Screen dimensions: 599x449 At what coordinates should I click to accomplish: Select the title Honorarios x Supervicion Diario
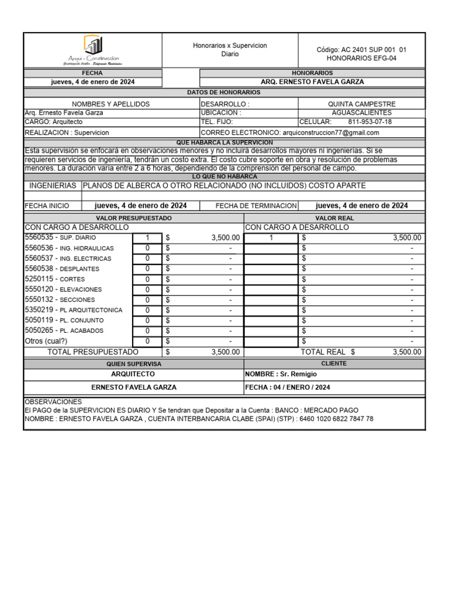pos(230,49)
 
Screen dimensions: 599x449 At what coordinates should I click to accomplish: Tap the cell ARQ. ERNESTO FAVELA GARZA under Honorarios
pos(312,82)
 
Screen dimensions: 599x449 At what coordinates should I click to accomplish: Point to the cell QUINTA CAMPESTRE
pos(361,104)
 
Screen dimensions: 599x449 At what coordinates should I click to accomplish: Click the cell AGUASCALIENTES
pos(361,112)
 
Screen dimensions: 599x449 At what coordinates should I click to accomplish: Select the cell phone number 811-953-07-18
pos(369,122)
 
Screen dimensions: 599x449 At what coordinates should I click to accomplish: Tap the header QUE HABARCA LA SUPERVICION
pos(224,143)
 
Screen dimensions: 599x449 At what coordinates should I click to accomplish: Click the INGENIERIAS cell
pos(53,185)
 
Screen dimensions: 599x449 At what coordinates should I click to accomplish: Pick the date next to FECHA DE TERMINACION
pos(361,205)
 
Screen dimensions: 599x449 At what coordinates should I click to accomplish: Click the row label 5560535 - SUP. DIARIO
pos(60,237)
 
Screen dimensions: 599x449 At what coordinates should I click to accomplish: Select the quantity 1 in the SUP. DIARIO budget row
pos(147,237)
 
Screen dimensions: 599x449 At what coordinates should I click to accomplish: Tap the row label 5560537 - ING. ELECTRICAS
pos(68,258)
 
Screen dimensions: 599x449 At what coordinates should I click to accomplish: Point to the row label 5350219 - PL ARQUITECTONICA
pos(74,309)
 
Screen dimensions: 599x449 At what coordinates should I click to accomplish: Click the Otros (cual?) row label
pos(46,341)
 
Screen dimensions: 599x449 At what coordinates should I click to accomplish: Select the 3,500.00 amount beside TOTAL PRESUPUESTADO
pos(225,352)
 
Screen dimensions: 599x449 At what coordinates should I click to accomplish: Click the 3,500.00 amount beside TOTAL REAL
pos(406,352)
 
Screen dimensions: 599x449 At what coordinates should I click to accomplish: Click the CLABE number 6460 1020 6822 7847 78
pos(336,419)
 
